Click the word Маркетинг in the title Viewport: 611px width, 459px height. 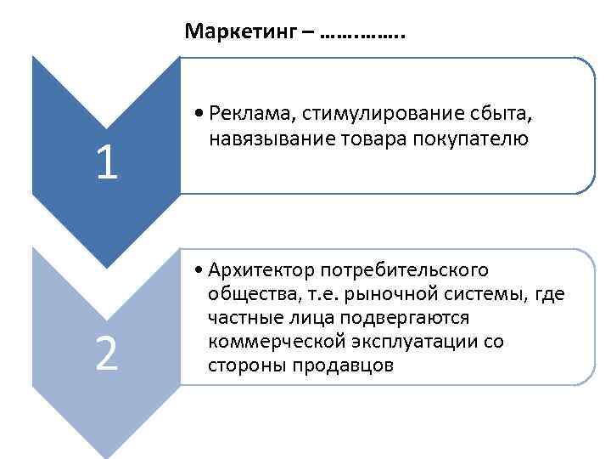point(239,33)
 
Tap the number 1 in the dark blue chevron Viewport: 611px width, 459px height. point(106,163)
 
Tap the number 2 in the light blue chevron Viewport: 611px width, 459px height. point(106,354)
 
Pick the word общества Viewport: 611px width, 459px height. point(242,294)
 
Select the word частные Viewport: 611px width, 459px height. point(239,318)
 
